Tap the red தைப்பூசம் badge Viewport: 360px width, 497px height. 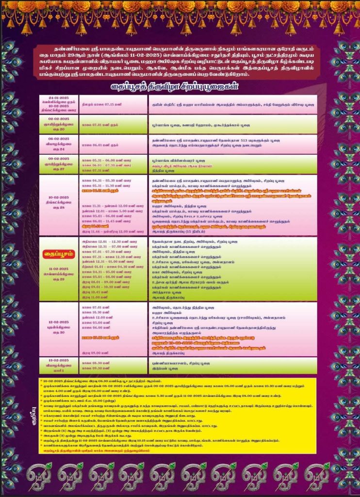coord(59,253)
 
